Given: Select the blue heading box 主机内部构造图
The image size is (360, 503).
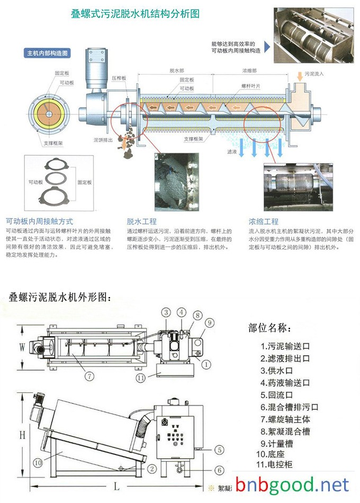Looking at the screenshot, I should (x=49, y=53).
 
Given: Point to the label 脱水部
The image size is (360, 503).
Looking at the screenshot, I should (x=177, y=70).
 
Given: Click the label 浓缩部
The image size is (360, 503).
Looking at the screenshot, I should (x=249, y=70).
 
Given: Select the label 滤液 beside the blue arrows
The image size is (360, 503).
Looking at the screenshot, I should (x=231, y=151).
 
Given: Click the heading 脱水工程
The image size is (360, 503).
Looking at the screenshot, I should (x=141, y=221).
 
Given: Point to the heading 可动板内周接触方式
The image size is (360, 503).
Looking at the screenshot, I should (x=39, y=221).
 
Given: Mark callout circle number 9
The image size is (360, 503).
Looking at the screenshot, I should (x=209, y=322).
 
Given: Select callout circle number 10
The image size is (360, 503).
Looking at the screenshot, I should (x=38, y=462).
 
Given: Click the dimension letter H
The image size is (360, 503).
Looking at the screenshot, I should (x=22, y=435).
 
